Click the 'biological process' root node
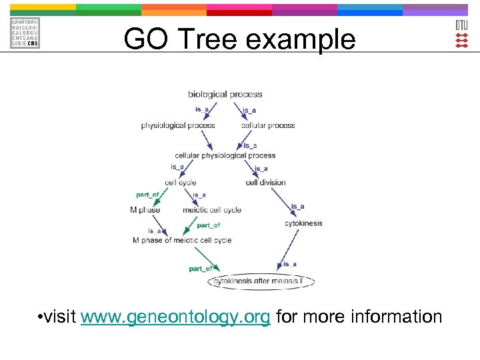tap(225, 95)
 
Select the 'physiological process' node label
tap(178, 125)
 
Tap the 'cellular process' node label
tap(268, 125)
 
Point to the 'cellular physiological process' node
tap(225, 155)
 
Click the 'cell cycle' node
tap(181, 183)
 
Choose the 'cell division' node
tap(265, 183)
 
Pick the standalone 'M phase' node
tap(145, 210)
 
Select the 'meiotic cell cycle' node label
tap(212, 210)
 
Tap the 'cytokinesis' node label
tap(303, 223)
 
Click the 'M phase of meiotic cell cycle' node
tap(182, 240)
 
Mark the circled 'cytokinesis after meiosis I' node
tap(262, 281)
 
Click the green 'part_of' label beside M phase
tap(147, 195)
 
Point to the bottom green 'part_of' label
tap(200, 269)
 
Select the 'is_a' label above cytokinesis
tap(297, 207)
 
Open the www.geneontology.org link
tap(175, 316)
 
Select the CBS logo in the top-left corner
tap(25, 33)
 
